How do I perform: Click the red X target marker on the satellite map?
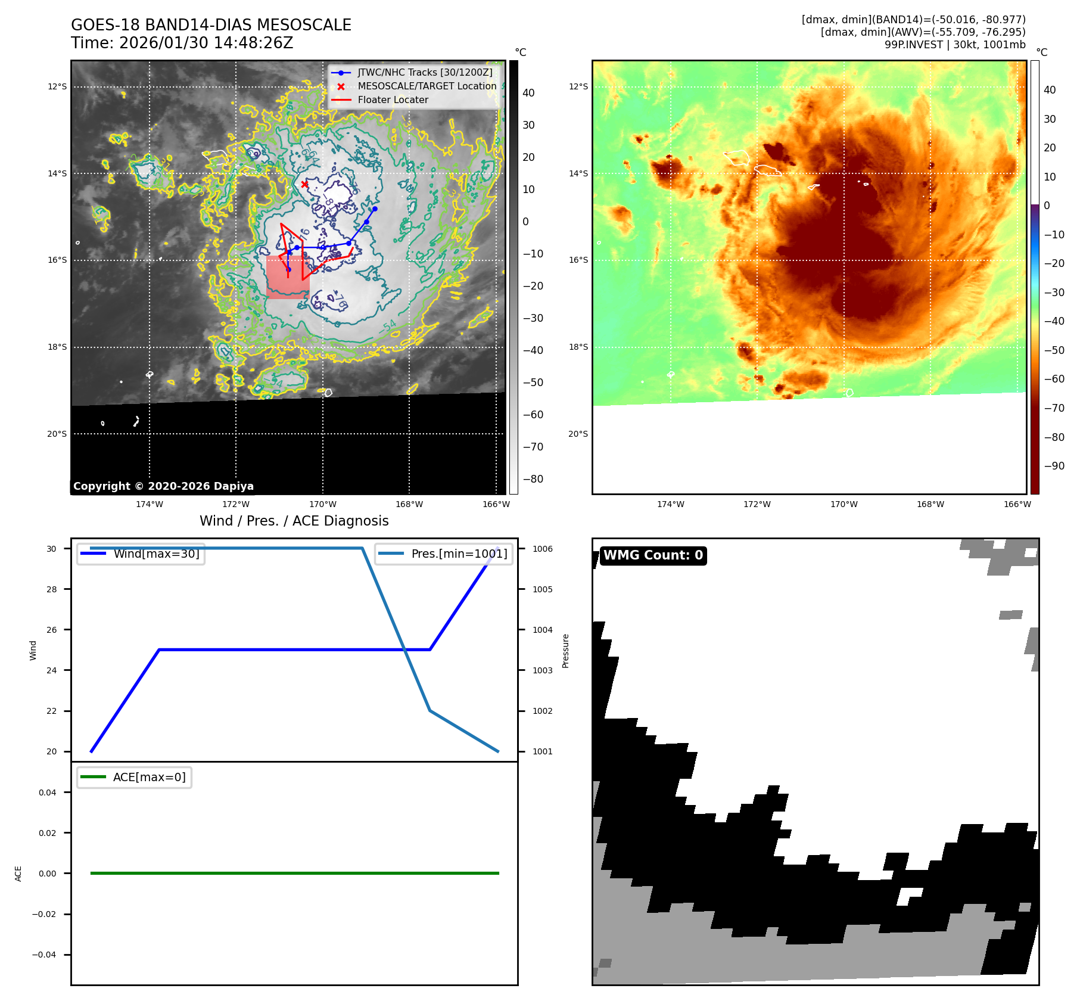click(304, 184)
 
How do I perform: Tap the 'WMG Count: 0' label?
click(653, 555)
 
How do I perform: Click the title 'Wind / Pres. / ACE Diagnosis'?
click(294, 521)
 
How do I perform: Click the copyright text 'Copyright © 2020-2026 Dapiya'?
click(163, 486)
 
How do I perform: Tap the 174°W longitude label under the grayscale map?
click(150, 505)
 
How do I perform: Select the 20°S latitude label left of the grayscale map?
click(57, 434)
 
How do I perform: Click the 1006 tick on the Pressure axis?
click(542, 549)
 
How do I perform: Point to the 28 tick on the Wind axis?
click(52, 589)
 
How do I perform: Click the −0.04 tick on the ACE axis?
click(44, 955)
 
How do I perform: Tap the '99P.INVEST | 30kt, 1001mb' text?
click(954, 45)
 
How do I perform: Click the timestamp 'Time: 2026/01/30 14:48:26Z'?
click(182, 43)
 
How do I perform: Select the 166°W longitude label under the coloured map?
click(1017, 505)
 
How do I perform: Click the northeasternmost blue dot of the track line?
click(375, 209)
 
